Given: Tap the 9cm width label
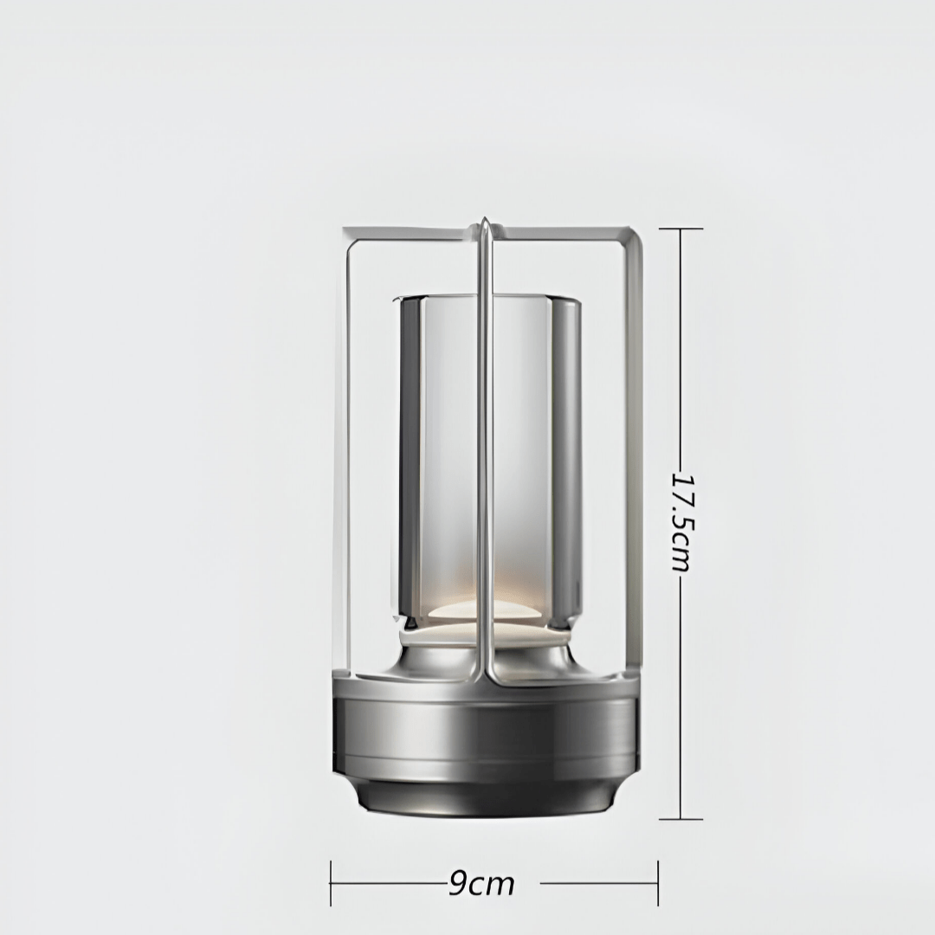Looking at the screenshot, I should point(482,884).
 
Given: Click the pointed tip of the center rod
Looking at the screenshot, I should point(486,222).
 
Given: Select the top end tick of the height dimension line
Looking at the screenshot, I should point(680,229).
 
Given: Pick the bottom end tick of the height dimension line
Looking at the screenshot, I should point(680,818).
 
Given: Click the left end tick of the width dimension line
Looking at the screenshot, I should point(331,884).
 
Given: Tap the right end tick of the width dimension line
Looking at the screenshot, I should point(658,884).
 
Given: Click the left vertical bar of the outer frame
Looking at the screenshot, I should point(348,450).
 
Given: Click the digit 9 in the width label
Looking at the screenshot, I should point(458,884).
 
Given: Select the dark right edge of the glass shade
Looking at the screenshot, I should point(566,450).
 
